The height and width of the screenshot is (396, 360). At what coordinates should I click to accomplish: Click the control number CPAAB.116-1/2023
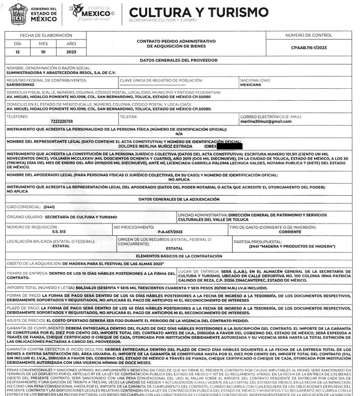[320, 49]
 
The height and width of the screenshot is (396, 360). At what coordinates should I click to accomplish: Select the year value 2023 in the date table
[71, 52]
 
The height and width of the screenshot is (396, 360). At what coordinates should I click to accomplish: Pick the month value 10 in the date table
[44, 52]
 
